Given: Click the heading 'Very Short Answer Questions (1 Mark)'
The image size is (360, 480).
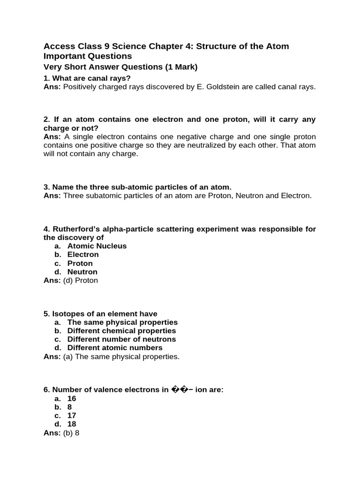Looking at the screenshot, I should click(x=120, y=67).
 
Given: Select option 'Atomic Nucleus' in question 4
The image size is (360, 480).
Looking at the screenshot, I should click(x=97, y=246).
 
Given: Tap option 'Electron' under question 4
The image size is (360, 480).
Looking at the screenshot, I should click(x=83, y=254).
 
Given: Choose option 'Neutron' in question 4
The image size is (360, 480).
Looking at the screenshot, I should click(x=82, y=271).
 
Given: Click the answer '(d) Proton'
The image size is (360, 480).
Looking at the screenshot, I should click(x=81, y=280).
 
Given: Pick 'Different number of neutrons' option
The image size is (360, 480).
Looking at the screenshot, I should click(x=121, y=339).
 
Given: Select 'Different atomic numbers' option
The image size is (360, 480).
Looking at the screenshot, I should click(x=115, y=347).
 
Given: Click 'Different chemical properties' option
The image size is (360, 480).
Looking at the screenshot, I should click(x=121, y=330).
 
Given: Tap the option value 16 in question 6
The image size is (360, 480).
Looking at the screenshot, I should click(x=72, y=398).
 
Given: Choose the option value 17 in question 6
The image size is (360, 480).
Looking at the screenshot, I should click(x=72, y=415).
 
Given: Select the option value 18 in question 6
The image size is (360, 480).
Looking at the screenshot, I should click(x=72, y=424).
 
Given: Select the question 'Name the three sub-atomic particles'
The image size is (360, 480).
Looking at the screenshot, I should click(x=137, y=187).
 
